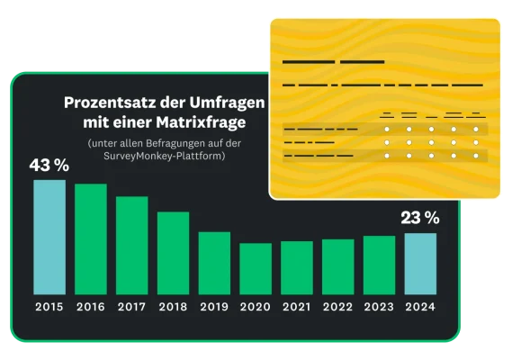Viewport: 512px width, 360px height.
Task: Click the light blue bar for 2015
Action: [x=49, y=237]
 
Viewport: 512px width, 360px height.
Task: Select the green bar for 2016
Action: [x=91, y=238]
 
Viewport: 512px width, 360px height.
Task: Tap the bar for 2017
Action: [x=132, y=245]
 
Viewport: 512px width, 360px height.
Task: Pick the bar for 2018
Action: [x=173, y=253]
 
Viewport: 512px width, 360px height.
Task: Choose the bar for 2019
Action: [x=214, y=263]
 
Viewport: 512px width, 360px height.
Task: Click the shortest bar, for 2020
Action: [x=256, y=268]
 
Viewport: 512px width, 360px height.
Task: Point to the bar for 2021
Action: [x=297, y=267]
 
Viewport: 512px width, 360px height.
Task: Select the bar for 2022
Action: [x=338, y=266]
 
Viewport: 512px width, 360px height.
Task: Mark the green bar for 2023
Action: [x=379, y=265]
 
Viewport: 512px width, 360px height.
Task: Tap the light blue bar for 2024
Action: [x=420, y=264]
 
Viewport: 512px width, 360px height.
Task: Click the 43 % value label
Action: [x=49, y=166]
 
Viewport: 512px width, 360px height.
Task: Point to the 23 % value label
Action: [x=420, y=218]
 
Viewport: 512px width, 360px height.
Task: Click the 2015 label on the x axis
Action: [x=49, y=308]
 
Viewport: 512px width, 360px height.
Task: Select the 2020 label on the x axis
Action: [x=256, y=308]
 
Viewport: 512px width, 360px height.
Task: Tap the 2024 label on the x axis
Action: [x=420, y=308]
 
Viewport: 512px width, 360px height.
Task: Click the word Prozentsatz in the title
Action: [x=106, y=103]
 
